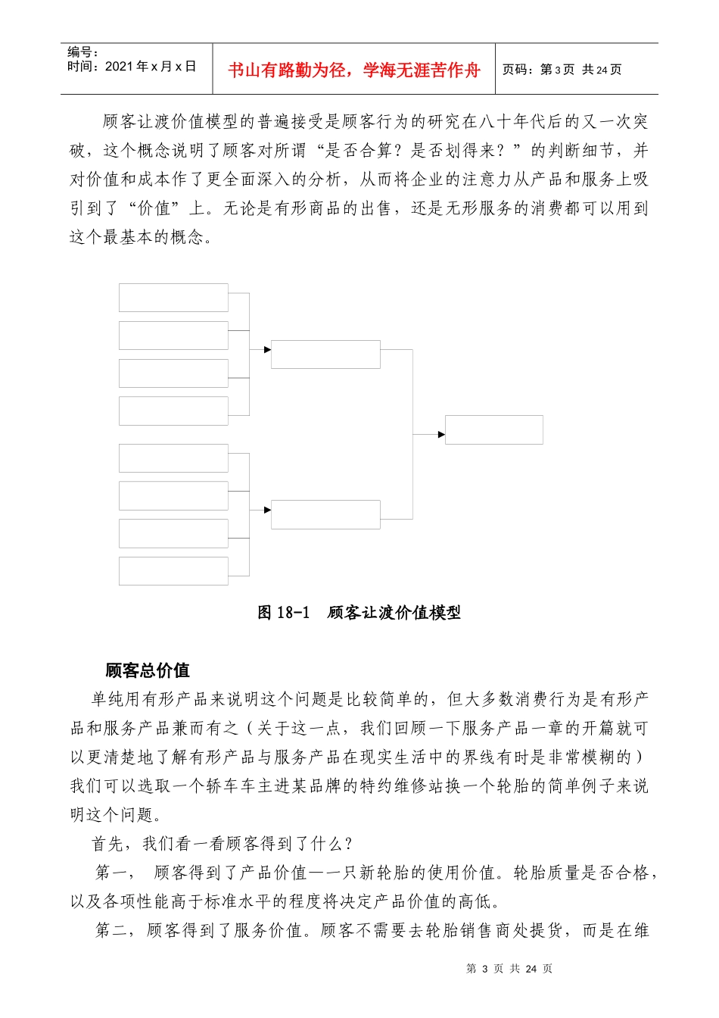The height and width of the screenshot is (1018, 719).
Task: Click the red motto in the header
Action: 354,70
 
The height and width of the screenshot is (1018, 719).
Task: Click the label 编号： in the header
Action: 83,52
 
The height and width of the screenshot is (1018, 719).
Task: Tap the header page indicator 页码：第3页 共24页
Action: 562,70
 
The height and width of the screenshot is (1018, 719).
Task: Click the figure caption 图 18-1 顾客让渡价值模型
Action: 359,613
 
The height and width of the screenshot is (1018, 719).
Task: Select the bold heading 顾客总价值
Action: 148,670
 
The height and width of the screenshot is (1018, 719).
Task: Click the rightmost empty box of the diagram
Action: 493,429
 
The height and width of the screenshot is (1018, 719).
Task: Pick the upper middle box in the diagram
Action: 325,354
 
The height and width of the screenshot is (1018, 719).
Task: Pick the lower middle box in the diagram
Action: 325,514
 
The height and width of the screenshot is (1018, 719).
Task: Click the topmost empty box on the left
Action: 173,298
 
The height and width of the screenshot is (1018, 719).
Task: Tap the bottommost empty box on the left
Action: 173,571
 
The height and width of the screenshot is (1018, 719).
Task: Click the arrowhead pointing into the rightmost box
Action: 441,435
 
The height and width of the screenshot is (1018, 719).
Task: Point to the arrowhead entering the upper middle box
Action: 267,350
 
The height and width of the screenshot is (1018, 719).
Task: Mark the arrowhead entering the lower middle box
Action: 267,511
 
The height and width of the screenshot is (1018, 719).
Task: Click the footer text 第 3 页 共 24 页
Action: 509,969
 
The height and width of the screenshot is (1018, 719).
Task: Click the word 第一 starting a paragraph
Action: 113,873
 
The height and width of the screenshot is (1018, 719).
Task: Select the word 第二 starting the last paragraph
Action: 113,930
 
